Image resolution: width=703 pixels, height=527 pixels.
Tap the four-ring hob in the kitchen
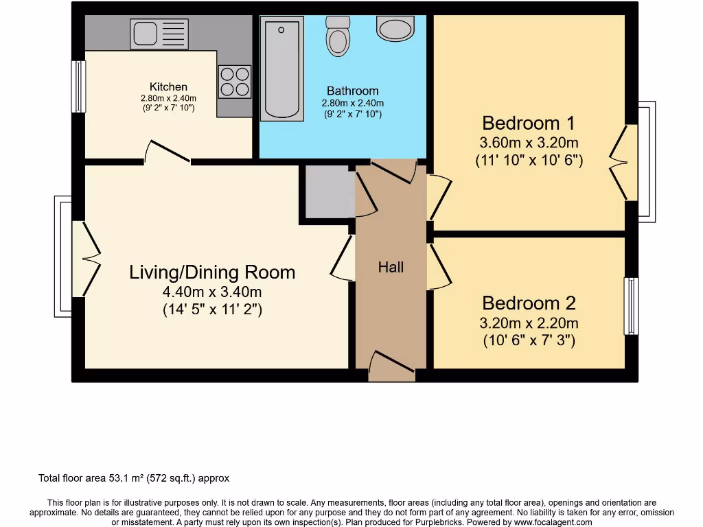(x=235, y=82)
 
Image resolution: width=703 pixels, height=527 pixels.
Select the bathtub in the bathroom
(x=281, y=69)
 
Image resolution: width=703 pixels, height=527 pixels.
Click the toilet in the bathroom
(x=337, y=37)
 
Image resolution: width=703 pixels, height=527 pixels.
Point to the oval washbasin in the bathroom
(x=395, y=29)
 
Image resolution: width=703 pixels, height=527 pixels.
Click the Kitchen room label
(x=168, y=87)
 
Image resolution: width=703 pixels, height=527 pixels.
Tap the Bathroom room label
(x=352, y=91)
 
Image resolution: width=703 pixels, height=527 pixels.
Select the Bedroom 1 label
(x=528, y=124)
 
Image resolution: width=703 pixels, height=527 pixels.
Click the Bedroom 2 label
(x=529, y=303)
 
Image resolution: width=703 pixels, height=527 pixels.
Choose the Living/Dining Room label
(x=212, y=272)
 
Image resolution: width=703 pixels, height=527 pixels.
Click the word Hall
(x=391, y=268)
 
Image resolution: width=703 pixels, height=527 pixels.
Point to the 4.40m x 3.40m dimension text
(x=212, y=292)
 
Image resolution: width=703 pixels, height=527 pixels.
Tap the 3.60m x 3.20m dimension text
(x=529, y=143)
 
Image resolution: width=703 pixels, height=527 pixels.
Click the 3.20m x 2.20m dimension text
(x=529, y=323)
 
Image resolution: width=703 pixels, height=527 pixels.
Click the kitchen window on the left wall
(x=79, y=86)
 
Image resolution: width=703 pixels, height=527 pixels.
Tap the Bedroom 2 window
(x=631, y=306)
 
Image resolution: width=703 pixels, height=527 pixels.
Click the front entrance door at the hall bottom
(x=392, y=366)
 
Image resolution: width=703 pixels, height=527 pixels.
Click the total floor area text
(x=133, y=478)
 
